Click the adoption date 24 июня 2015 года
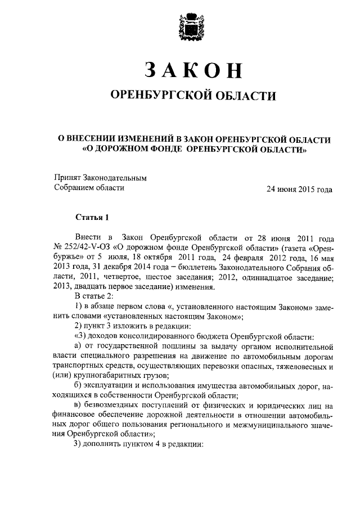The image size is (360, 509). pos(299,189)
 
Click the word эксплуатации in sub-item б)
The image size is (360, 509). pos(109,385)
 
